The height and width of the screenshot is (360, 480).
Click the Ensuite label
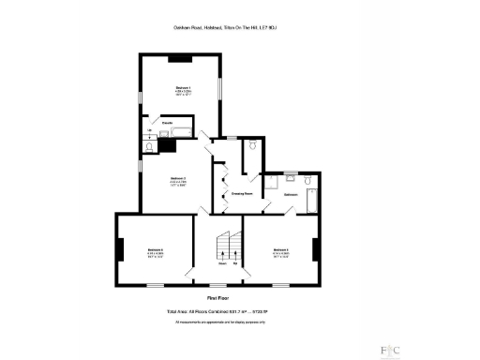pos(167,123)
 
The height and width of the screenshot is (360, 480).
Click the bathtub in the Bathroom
pos(313,200)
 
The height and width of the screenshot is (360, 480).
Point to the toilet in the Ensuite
pos(150,145)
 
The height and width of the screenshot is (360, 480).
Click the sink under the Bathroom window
pos(291,177)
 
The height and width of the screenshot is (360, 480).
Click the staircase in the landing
pos(225,247)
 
